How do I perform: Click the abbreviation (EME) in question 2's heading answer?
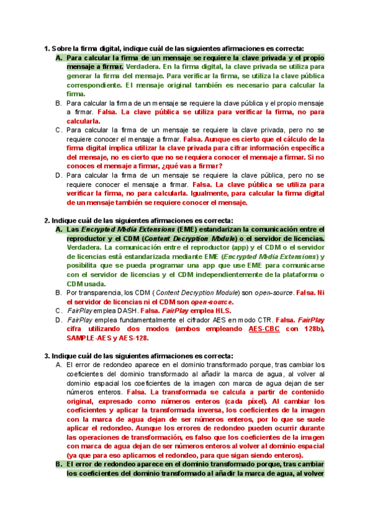pos(187,229)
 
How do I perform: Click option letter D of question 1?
pos(58,176)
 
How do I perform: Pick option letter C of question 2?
pos(58,311)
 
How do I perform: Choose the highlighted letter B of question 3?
pos(58,464)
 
